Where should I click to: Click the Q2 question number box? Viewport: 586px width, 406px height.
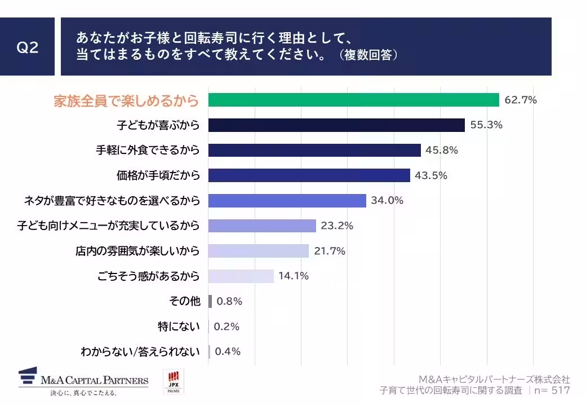(27, 47)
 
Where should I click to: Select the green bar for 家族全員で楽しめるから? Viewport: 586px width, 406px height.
(353, 100)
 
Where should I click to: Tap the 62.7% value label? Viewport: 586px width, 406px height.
(521, 100)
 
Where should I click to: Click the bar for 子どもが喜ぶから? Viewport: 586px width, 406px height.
(336, 125)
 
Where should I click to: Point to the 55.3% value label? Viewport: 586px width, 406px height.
(486, 125)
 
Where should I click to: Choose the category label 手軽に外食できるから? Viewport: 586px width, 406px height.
(148, 150)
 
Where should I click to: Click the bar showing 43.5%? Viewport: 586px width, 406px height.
(309, 175)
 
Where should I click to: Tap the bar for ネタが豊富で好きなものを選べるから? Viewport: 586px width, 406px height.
(287, 200)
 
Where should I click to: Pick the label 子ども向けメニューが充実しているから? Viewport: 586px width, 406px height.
(108, 226)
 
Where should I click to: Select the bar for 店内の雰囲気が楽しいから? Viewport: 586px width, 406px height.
(258, 251)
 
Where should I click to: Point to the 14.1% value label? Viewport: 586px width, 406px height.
(293, 276)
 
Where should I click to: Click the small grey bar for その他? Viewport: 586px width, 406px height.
(210, 301)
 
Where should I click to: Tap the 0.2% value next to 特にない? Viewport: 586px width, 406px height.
(227, 326)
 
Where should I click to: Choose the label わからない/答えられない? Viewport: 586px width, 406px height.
(140, 351)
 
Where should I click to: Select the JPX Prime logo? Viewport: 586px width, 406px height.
(173, 382)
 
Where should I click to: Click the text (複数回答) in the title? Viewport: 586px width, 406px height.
(369, 55)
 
